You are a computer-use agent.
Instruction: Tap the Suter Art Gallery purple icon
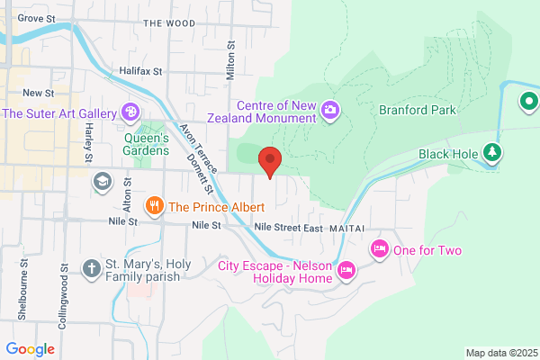[x=130, y=113]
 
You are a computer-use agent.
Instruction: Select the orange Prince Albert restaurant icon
[x=155, y=206]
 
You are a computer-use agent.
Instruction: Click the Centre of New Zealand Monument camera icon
[x=330, y=110]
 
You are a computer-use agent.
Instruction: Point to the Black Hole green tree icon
[x=491, y=153]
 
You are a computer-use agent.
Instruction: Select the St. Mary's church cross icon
[x=91, y=269]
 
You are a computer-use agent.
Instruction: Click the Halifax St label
[x=139, y=70]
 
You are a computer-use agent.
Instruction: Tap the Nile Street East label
[x=288, y=228]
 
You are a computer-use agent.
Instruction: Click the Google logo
[x=30, y=348]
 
